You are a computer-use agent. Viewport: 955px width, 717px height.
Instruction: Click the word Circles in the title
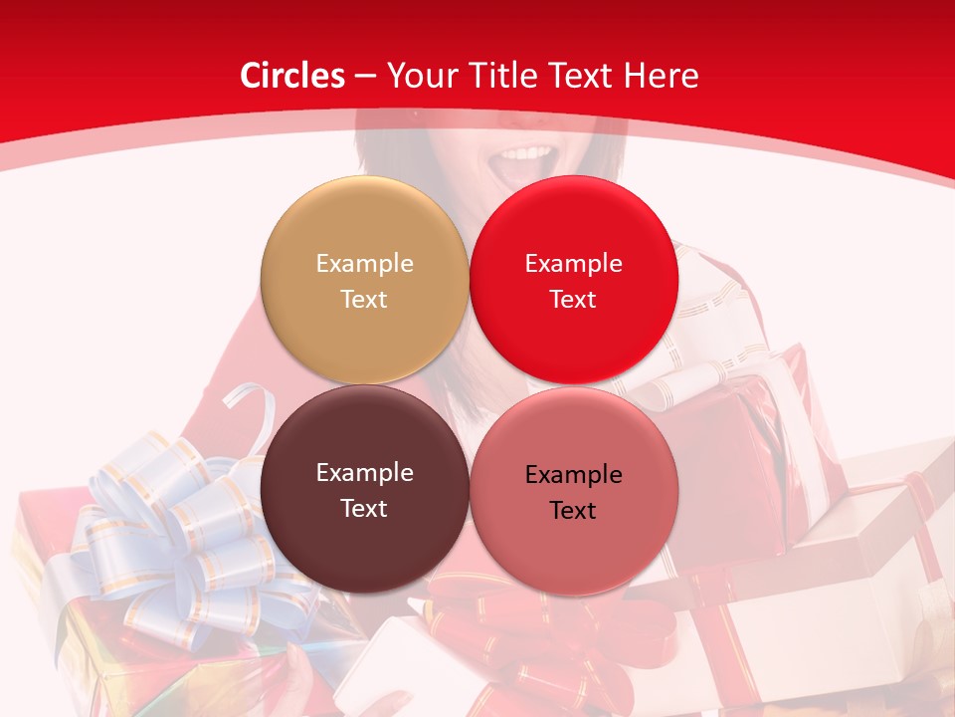(x=291, y=76)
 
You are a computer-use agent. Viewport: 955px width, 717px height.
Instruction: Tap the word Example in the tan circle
(x=364, y=264)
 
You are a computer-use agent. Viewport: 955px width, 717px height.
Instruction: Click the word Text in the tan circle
(x=364, y=299)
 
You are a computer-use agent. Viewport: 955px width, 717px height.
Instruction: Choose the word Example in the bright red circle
(x=573, y=264)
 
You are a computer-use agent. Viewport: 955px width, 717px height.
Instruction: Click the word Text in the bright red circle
(x=573, y=299)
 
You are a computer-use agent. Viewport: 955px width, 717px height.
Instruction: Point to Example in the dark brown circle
(x=364, y=473)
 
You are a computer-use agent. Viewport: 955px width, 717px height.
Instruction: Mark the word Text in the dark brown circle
(x=364, y=508)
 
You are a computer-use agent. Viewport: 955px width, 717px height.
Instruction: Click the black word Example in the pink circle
(x=573, y=475)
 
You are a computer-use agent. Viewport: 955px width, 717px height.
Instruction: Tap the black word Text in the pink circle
(x=573, y=510)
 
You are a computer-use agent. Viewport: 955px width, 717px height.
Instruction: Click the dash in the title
(x=364, y=77)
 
